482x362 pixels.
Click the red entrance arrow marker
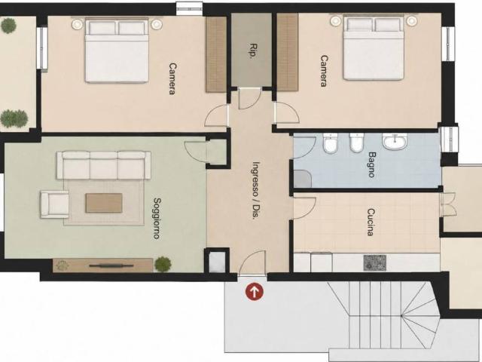click(x=255, y=292)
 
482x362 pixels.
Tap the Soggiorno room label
click(x=157, y=219)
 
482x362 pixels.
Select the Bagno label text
click(x=371, y=164)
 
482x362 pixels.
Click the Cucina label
click(x=371, y=222)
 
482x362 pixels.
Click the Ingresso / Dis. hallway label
click(x=255, y=190)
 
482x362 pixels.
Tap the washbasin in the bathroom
click(x=395, y=142)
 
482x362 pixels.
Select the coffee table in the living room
click(x=104, y=203)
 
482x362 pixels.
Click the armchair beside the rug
click(x=55, y=204)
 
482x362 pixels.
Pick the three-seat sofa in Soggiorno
click(x=104, y=165)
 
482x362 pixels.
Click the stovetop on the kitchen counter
click(x=375, y=263)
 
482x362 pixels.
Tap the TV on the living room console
click(x=111, y=265)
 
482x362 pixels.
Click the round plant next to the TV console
click(x=163, y=264)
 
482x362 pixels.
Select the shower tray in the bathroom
click(x=303, y=179)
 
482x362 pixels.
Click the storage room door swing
click(x=249, y=98)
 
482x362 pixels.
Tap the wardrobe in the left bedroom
click(x=216, y=54)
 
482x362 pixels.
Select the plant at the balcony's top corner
click(x=8, y=26)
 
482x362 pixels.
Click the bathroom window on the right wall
click(x=450, y=140)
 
